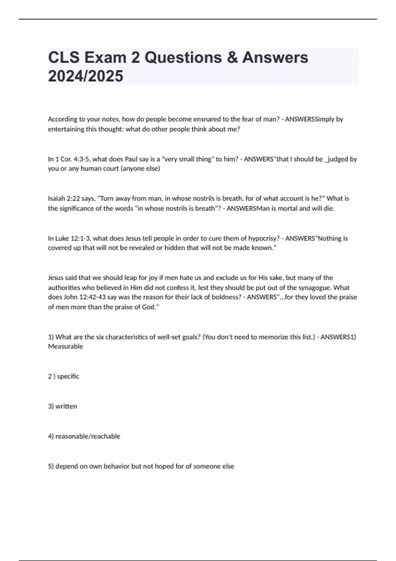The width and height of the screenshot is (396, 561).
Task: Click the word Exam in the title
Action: pos(105,57)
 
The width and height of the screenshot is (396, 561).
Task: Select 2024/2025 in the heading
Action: pos(85,76)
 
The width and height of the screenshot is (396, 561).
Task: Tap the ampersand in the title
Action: pos(232,57)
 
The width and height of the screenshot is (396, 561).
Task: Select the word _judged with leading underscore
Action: pos(337,159)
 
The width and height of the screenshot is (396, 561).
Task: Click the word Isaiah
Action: pos(57,198)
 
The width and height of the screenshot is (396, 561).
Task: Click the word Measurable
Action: pos(65,346)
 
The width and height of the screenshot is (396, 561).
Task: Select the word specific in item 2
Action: pos(68,376)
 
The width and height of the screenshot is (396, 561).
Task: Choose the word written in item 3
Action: pos(66,406)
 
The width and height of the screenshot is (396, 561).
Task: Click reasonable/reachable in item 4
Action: pos(88,436)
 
